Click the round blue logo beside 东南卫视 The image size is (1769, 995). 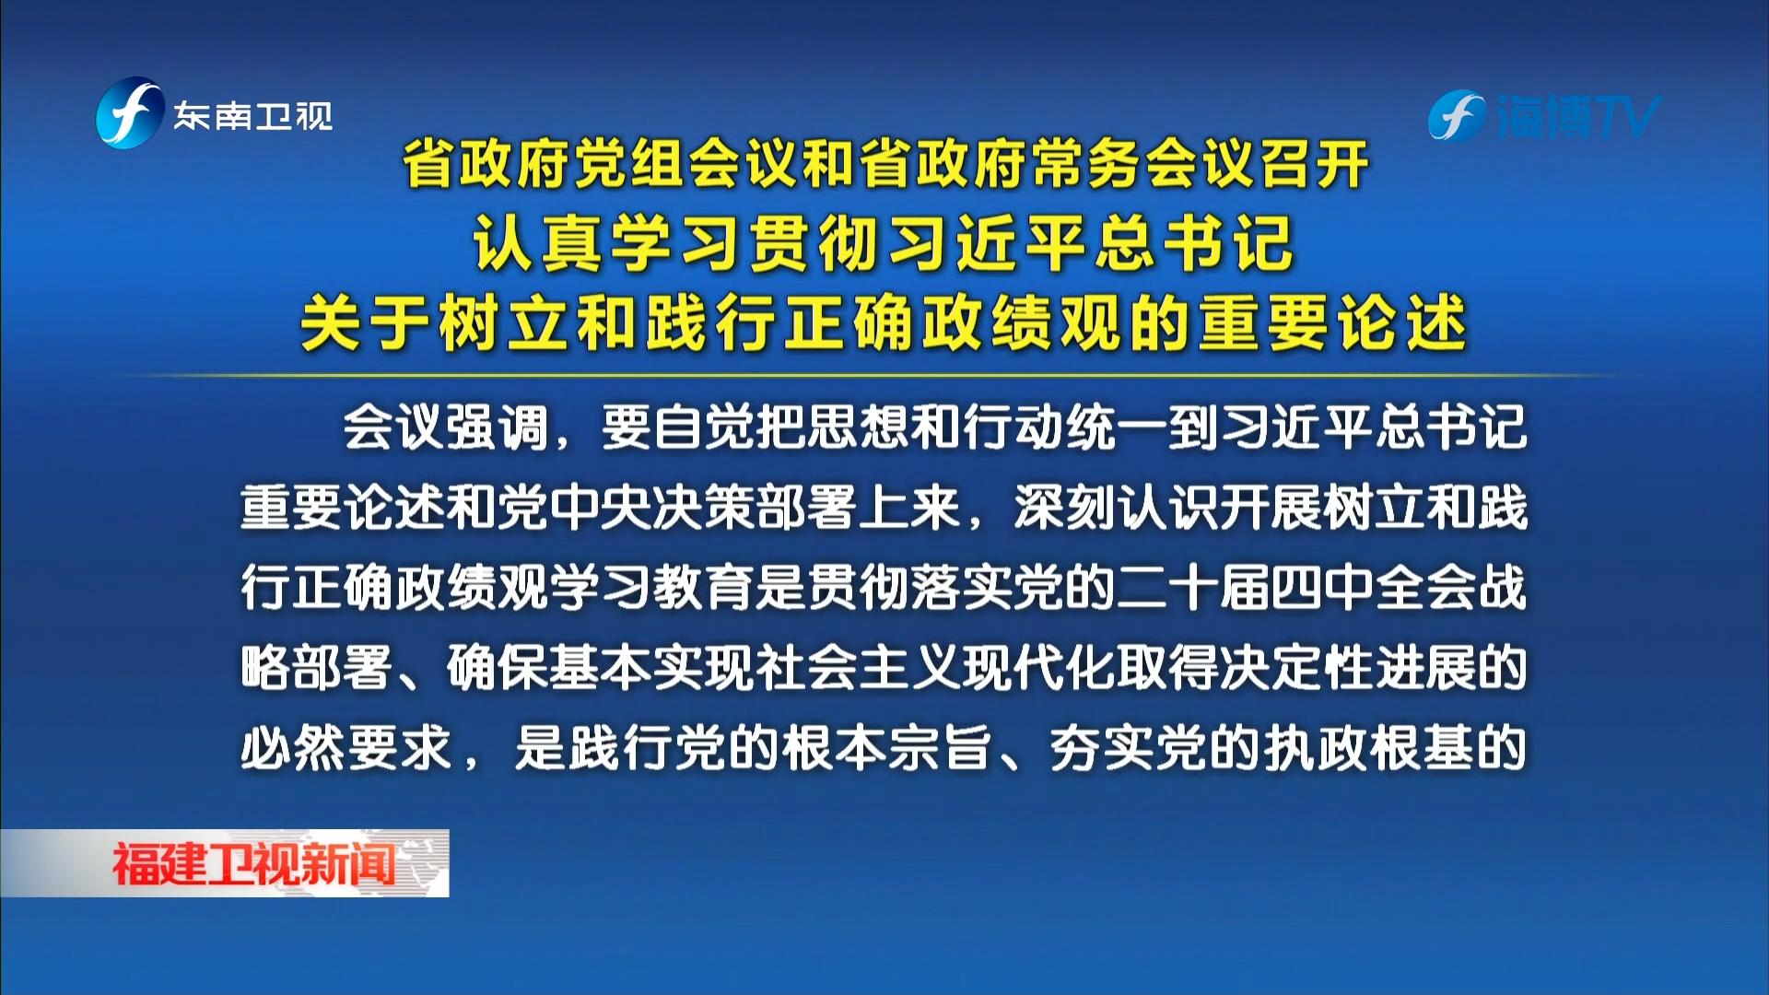tap(130, 113)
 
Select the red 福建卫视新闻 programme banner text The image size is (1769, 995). tap(253, 864)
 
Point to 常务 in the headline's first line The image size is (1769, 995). tap(1087, 165)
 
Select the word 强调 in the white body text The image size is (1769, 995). tap(498, 428)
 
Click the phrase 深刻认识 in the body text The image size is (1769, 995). tap(1117, 508)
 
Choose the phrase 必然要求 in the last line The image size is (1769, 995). tap(346, 748)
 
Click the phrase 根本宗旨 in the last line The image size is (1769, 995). tap(884, 748)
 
